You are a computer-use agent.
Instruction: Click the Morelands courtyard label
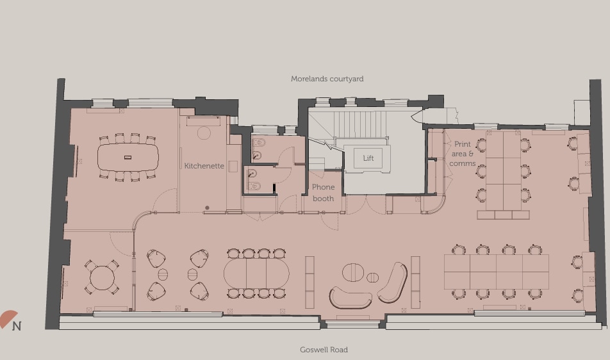point(327,79)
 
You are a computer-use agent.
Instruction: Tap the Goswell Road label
point(324,350)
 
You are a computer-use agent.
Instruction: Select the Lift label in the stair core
point(368,158)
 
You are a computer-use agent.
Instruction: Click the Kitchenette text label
point(204,166)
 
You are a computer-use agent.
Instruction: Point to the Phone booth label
point(323,193)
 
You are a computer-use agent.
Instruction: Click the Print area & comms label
point(462,154)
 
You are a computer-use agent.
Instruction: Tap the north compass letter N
point(17,326)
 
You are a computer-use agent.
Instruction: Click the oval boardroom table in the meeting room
point(128,157)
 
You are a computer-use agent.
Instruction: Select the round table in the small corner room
point(102,278)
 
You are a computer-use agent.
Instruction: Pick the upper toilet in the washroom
point(258,143)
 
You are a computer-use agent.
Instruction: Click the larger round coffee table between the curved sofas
point(352,273)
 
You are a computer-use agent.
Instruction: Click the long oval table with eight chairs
point(256,274)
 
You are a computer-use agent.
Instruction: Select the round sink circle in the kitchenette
point(204,133)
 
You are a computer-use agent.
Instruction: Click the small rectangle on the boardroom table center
point(128,157)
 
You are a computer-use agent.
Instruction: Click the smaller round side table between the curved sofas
point(372,277)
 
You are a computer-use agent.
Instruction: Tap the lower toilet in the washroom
point(254,186)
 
